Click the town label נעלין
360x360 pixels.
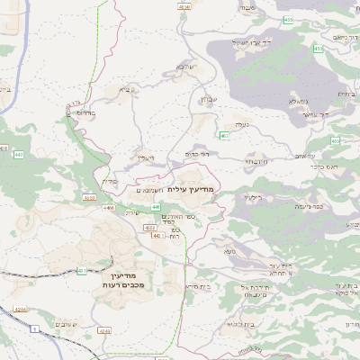(146, 158)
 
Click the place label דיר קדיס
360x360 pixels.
(197, 153)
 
